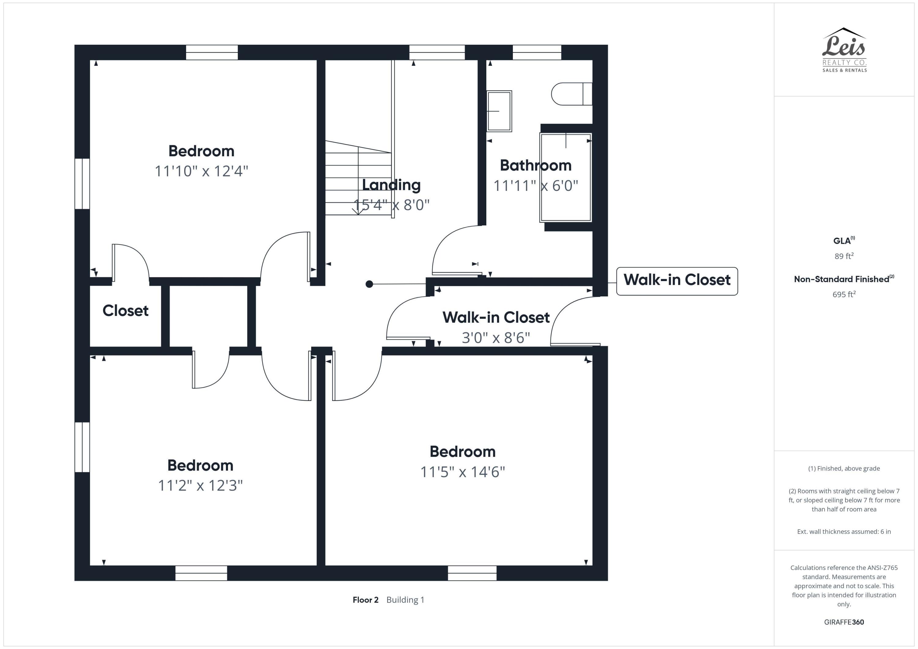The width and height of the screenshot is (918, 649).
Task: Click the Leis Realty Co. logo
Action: [844, 50]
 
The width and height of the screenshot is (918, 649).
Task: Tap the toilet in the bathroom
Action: [571, 94]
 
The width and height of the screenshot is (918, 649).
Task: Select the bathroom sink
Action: [499, 111]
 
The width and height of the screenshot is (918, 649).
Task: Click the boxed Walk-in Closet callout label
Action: [677, 280]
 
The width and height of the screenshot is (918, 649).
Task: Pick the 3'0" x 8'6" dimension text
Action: [495, 338]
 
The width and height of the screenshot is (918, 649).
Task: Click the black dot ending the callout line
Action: [369, 284]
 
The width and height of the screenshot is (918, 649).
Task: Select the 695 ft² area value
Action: [844, 295]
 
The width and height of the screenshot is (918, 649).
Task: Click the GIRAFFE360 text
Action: [844, 622]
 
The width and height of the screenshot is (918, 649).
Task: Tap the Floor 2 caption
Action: [365, 600]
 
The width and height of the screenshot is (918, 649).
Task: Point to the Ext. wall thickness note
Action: [844, 532]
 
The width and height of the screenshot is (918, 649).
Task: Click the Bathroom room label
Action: [535, 165]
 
